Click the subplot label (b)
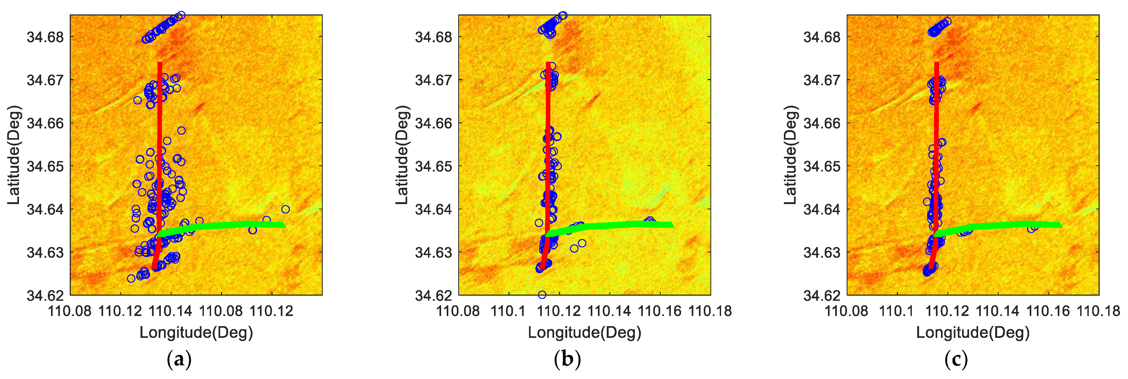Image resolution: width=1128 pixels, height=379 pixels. pos(567,360)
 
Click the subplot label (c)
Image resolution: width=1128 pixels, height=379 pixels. pos(956,360)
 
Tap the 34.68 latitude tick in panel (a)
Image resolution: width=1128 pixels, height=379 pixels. pos(45,37)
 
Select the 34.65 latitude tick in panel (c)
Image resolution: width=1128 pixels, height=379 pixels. pos(822,167)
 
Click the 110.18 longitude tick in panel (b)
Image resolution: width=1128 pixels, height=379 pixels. pos(710,311)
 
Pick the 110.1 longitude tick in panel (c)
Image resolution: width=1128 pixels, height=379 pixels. pos(897,311)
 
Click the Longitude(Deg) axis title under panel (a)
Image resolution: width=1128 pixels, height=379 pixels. pos(196,333)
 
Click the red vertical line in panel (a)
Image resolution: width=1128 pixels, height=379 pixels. pos(160,131)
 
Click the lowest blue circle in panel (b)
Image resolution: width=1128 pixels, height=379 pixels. pos(542,295)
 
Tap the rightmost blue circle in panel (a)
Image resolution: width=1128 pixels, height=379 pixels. pos(286,209)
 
